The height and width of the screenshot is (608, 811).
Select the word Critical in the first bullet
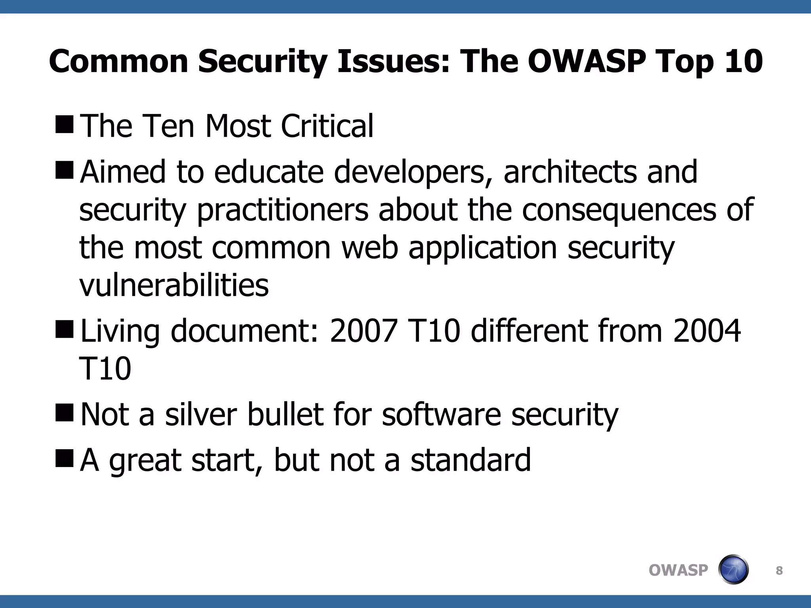click(x=327, y=126)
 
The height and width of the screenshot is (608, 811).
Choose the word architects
click(x=570, y=172)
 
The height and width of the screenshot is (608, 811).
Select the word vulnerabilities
click(x=174, y=285)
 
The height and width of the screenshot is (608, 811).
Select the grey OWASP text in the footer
click(x=678, y=570)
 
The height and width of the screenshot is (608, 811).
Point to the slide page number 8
click(x=779, y=570)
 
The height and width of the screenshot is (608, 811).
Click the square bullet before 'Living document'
click(x=65, y=329)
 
